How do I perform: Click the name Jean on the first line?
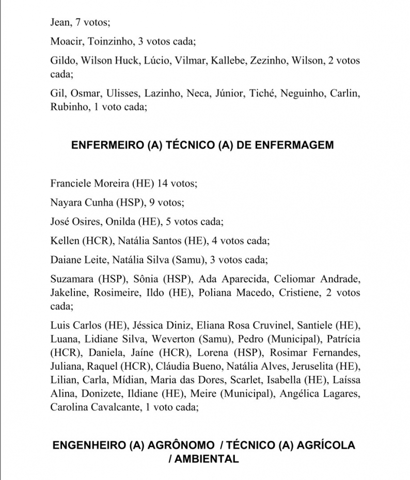(x=60, y=22)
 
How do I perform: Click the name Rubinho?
(x=68, y=107)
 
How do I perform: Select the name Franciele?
(x=70, y=183)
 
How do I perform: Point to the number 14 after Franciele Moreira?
(x=163, y=183)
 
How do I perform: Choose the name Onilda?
(x=122, y=222)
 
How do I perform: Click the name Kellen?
(x=65, y=241)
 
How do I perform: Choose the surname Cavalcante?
(x=119, y=407)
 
